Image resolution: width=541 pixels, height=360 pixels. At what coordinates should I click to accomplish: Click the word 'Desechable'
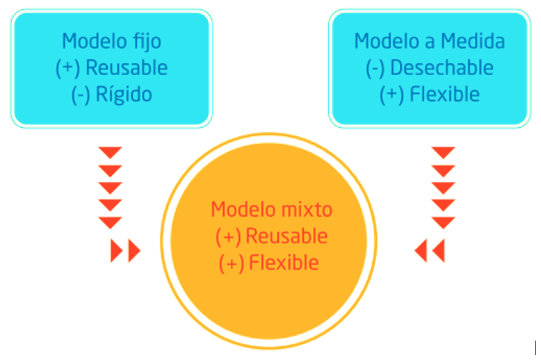pos(442,67)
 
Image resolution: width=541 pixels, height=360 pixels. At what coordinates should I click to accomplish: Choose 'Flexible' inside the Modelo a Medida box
pos(445,94)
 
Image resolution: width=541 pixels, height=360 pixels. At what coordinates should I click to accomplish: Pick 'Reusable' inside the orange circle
pos(286,236)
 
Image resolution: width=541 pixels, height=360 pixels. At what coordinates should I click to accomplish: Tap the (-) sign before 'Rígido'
pos(81,94)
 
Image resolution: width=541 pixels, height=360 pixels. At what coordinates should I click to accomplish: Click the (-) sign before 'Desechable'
pos(376,67)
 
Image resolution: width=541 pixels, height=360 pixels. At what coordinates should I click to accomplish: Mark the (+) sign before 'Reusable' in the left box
pos(67,67)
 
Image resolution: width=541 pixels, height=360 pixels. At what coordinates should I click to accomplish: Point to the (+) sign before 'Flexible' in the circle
pos(231,263)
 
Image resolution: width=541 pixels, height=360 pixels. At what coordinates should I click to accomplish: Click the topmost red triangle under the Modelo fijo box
pos(111,152)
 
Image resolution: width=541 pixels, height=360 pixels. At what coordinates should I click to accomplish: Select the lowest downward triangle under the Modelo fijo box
pos(111,222)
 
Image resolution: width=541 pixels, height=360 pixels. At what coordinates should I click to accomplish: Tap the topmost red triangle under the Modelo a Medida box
pos(443,152)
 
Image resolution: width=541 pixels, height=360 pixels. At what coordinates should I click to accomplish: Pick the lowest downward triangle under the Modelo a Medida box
pos(443,222)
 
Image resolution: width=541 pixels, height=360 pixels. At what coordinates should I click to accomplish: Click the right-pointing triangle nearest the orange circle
pos(134,250)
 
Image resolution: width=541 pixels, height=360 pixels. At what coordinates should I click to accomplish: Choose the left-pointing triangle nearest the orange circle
pos(420,250)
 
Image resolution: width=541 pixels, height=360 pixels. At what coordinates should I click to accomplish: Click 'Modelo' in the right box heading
pos(382,41)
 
